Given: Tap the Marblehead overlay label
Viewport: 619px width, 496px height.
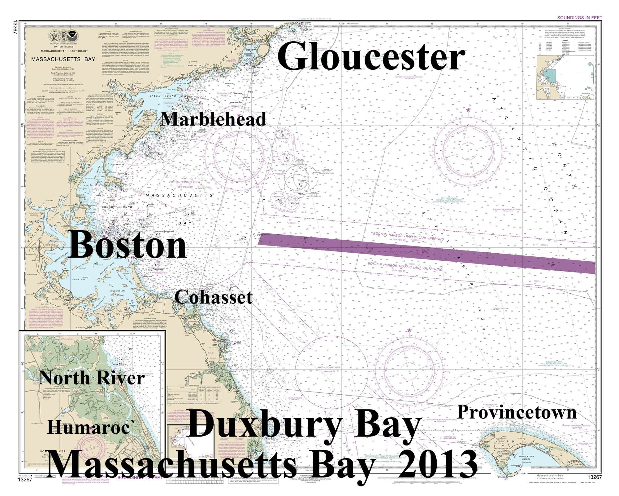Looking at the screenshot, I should tap(214, 119).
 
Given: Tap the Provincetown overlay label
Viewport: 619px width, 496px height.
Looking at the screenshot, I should tap(517, 413).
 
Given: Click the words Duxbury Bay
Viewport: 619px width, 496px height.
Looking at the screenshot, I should tap(303, 426).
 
